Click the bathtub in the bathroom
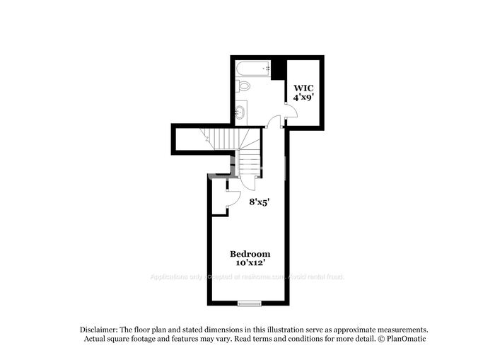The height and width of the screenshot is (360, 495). (252, 69)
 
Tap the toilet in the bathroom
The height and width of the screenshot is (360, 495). (244, 86)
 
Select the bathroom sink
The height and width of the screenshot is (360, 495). (242, 111)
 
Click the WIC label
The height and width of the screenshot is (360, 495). (305, 88)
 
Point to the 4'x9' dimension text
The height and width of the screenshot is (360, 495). (305, 98)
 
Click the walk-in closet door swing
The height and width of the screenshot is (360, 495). (290, 113)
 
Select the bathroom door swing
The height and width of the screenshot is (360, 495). (274, 122)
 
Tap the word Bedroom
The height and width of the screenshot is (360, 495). (250, 254)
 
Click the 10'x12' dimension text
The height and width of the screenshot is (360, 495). (250, 263)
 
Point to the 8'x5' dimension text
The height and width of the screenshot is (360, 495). (260, 202)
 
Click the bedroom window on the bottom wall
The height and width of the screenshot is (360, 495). (250, 303)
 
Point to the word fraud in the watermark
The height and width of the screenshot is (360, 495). (335, 277)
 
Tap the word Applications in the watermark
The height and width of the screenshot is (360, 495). (167, 277)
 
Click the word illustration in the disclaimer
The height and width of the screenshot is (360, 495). (280, 330)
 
